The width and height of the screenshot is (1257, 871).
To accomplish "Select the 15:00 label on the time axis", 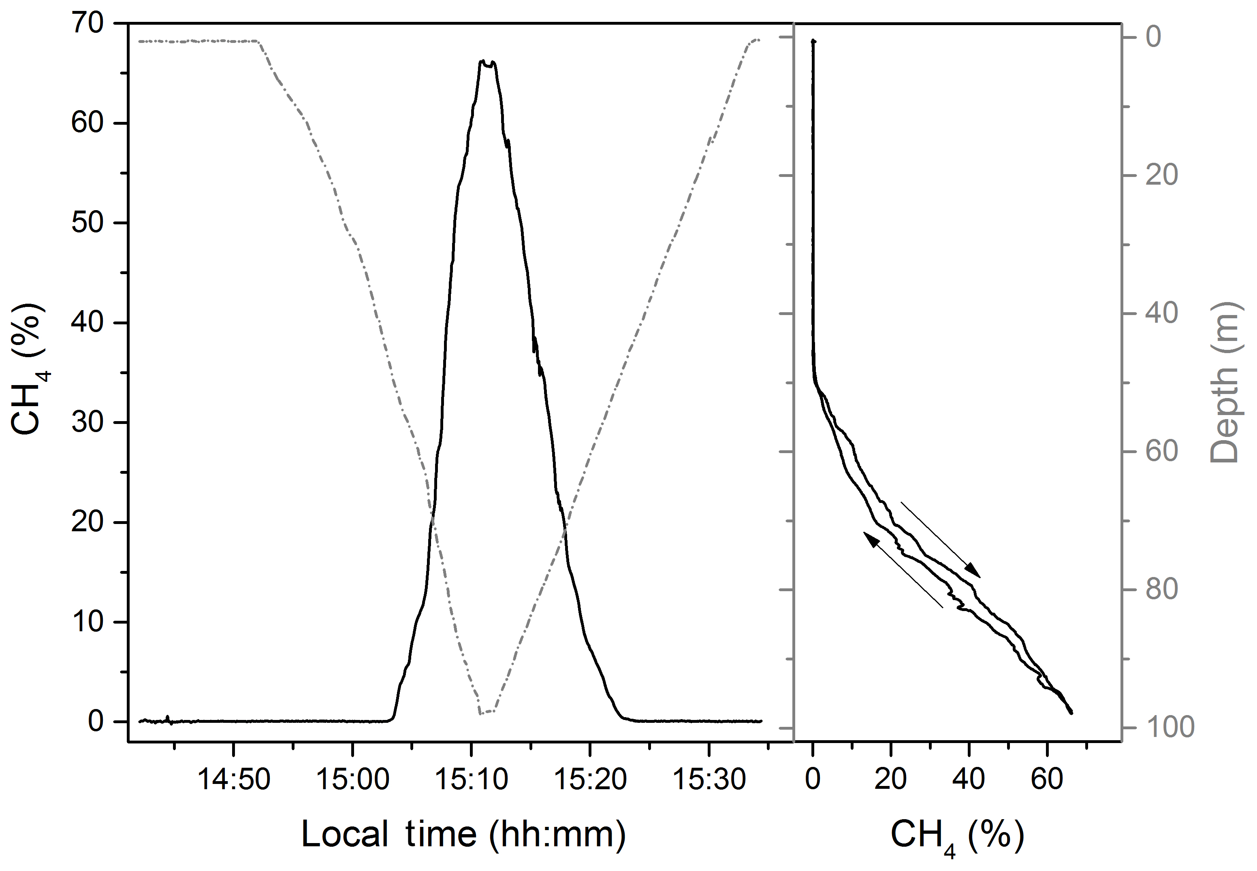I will point(352,780).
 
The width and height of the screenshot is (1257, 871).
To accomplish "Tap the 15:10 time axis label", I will point(471,780).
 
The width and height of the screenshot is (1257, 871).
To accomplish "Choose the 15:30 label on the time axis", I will point(709,780).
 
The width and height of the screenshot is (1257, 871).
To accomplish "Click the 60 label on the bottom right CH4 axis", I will point(1047,780).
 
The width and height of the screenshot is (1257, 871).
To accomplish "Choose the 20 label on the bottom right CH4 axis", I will point(891,780).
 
